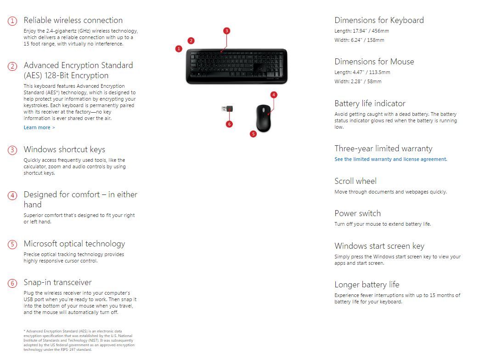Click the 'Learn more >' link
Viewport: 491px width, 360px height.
[39, 127]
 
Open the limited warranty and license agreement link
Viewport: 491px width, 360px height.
[390, 159]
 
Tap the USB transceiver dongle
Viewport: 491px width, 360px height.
[226, 109]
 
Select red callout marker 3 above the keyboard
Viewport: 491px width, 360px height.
[226, 31]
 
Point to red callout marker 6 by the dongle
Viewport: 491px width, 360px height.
[229, 124]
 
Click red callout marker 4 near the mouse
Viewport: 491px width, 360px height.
[274, 95]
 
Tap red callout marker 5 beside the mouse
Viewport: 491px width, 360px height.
[253, 134]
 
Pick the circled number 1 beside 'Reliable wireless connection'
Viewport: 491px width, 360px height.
[12, 21]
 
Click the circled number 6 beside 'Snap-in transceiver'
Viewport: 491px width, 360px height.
[12, 283]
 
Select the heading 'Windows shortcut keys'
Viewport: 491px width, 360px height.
[64, 149]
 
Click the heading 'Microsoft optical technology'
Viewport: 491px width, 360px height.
[74, 244]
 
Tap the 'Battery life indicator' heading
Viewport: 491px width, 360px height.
[370, 103]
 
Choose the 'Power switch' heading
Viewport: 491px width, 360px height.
[357, 213]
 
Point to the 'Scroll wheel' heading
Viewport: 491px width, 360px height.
[355, 181]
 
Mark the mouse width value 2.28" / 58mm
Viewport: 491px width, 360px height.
[367, 81]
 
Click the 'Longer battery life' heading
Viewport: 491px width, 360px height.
[367, 285]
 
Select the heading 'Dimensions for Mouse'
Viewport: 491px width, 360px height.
[374, 62]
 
